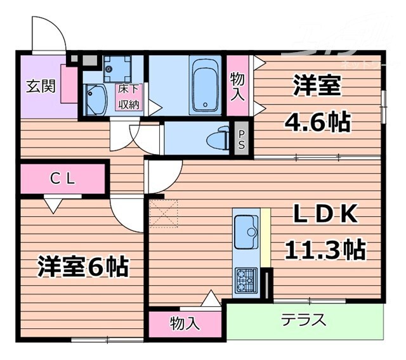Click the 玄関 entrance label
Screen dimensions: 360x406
pos(40,86)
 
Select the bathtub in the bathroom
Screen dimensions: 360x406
pos(204,86)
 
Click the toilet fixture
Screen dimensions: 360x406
pos(223,137)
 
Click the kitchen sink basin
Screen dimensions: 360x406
pos(244,231)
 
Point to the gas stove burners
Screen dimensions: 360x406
pos(245,280)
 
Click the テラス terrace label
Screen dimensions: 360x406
pos(304,319)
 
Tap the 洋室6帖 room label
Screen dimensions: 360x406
pos(83,266)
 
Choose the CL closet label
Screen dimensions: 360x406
pos(63,179)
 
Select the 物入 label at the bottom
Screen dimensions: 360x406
pos(185,323)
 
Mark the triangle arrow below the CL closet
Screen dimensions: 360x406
pos(52,204)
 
